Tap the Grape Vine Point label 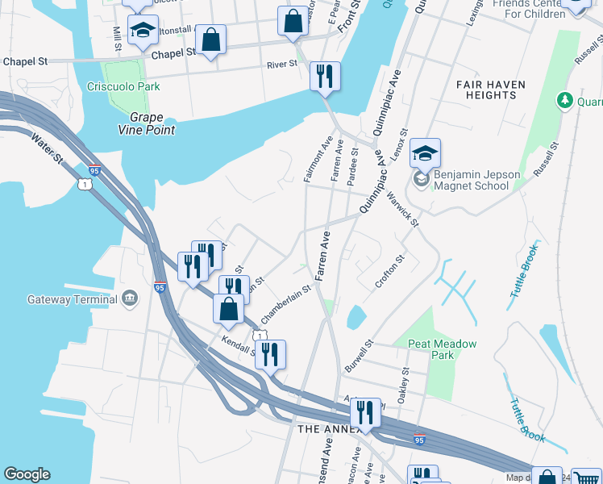point(141,122)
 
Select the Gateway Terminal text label point(73,299)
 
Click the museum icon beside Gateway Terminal point(129,300)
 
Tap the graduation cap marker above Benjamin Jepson point(425,152)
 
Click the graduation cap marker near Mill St point(143,29)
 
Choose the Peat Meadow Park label point(442,349)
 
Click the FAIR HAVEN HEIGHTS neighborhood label point(490,90)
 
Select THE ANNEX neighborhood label point(323,429)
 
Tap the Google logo point(27,474)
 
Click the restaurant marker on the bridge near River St point(325,76)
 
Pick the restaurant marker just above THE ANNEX point(365,411)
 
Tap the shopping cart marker point(586,478)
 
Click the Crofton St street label point(389,272)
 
